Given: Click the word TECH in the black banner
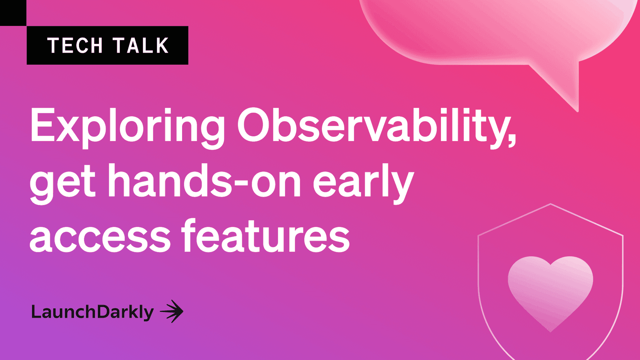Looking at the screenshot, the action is tap(75, 45).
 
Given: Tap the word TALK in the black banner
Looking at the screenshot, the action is tap(140, 45).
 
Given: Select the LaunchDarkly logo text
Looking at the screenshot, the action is tap(92, 312).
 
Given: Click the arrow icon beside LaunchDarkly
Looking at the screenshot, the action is tap(172, 311).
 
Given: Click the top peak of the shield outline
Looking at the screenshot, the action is tap(551, 204).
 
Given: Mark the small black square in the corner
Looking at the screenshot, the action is tap(13, 13).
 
